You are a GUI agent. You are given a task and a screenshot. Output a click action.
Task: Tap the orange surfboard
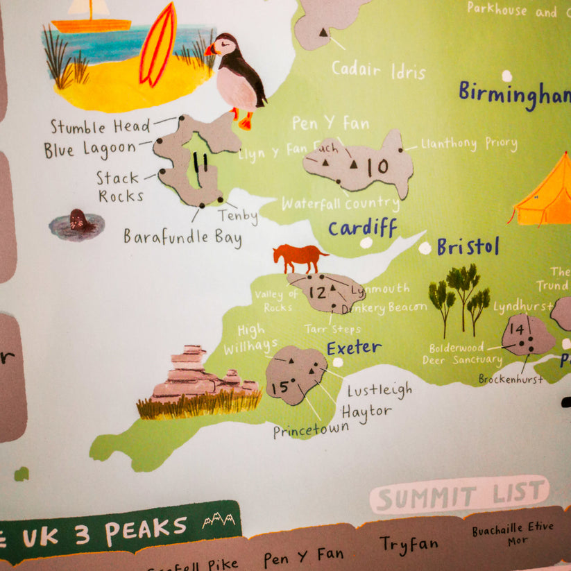point(157,44)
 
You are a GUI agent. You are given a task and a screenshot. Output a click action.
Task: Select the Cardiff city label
point(362,227)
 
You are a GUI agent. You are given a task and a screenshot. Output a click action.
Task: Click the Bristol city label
point(468,247)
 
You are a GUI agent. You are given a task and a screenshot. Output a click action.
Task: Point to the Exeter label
point(354,347)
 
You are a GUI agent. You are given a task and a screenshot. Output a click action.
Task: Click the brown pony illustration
point(299,257)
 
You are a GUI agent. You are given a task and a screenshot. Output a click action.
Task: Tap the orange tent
point(544,194)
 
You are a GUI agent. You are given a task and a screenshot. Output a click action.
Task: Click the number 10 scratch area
point(377,167)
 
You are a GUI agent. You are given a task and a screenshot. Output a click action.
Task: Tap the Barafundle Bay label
point(182,237)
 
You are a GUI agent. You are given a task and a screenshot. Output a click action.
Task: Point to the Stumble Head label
point(100,127)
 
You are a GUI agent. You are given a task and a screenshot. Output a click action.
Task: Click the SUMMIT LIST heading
point(459,495)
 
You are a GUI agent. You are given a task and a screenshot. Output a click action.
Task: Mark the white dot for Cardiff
point(366,243)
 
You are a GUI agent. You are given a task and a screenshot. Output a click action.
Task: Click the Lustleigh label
point(379,390)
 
